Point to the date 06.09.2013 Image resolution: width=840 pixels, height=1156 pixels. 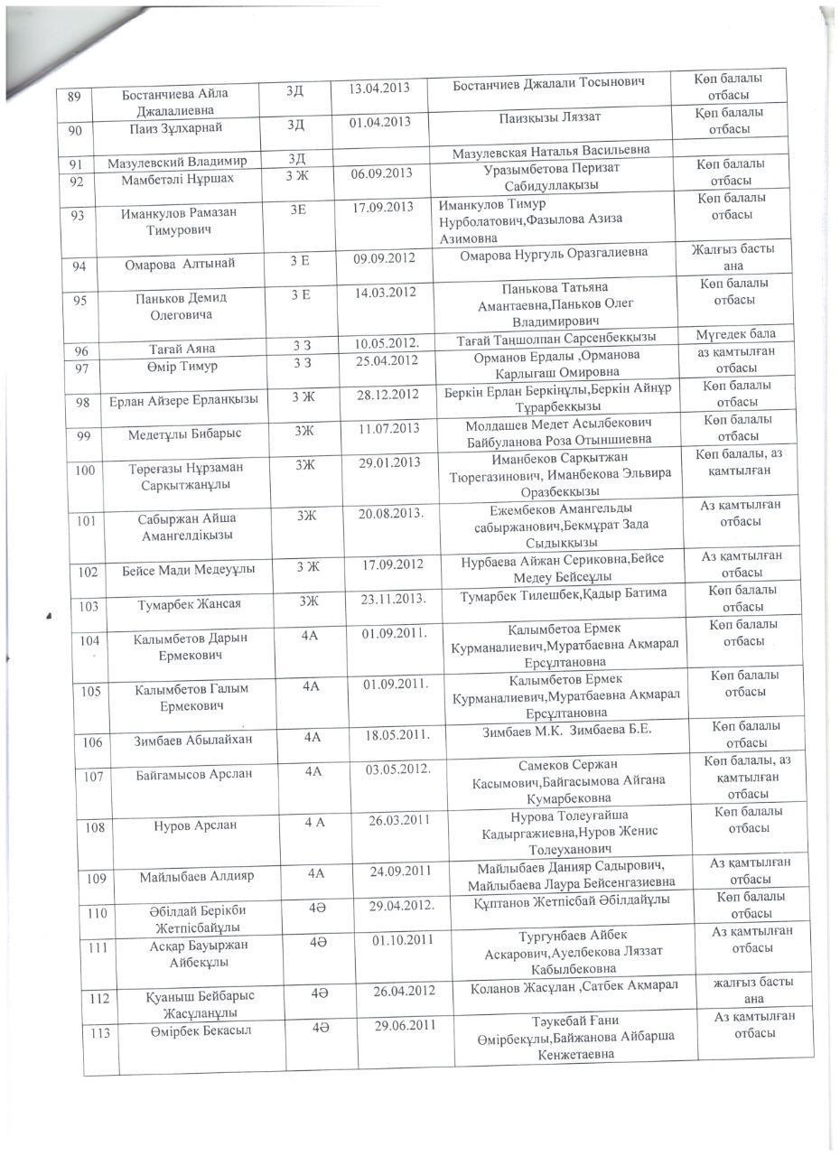pos(382,173)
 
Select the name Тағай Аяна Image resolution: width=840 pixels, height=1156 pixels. pos(182,349)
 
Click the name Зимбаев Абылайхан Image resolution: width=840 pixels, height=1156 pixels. pos(193,741)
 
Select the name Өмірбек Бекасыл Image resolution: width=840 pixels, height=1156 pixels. pos(201,1031)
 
